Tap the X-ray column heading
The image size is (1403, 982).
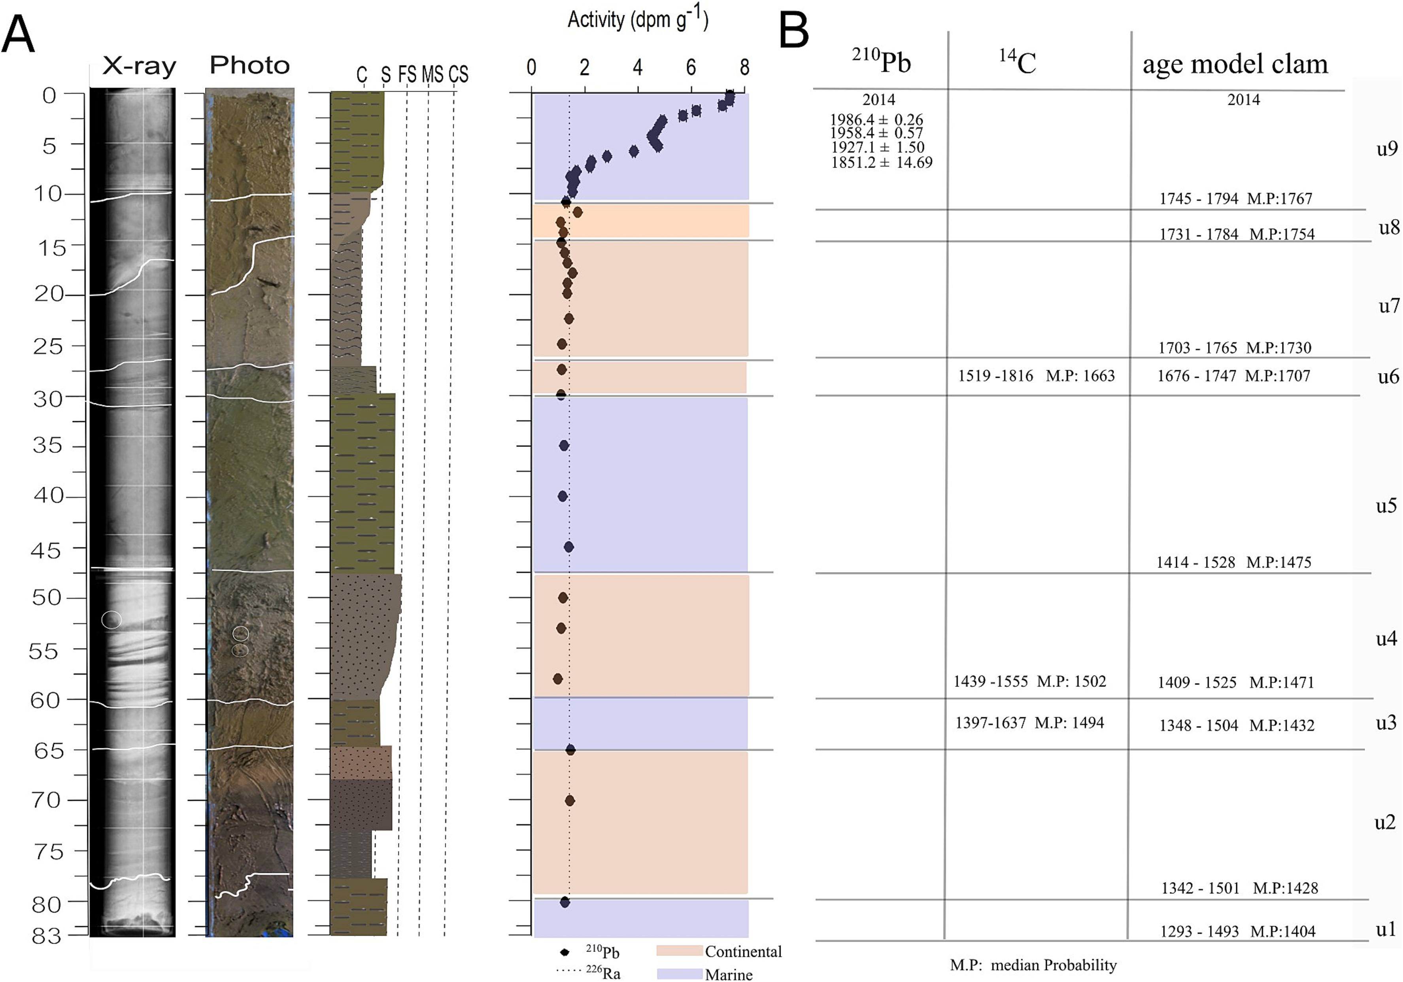point(139,65)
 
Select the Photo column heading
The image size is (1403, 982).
point(249,65)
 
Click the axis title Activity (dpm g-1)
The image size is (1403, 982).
point(637,20)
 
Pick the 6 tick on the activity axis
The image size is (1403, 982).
point(691,67)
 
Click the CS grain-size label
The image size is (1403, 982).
point(458,75)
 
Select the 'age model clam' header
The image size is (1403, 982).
point(1235,64)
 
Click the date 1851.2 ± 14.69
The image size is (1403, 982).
point(881,163)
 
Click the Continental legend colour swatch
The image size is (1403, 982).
point(679,951)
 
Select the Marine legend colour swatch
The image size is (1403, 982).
point(679,973)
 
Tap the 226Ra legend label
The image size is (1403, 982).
point(603,973)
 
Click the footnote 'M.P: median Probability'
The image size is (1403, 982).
point(1033,965)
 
